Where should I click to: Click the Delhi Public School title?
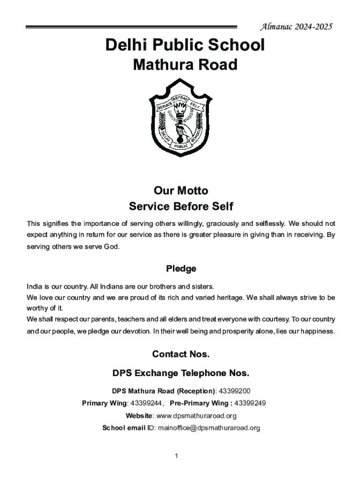point(185,45)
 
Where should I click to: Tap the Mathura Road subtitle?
point(185,65)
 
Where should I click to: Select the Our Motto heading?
point(180,191)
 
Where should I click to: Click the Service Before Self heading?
point(180,206)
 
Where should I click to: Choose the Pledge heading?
point(181,269)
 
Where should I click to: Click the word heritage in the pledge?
point(226,298)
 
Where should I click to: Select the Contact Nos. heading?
point(181,355)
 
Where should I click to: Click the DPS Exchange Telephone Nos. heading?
point(181,374)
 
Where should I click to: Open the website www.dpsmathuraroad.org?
point(196,416)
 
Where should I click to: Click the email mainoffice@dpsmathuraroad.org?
point(209,428)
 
